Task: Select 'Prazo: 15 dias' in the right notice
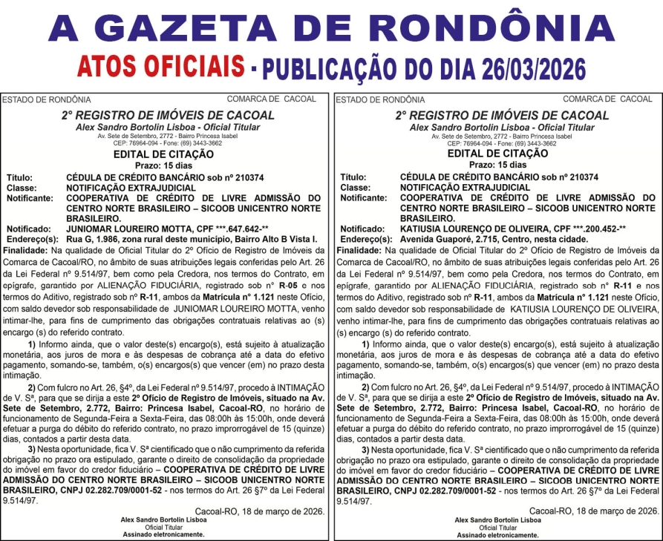click(497, 165)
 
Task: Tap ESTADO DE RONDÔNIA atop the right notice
click(381, 99)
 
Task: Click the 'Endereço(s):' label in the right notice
click(364, 240)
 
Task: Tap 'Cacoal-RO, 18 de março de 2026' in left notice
click(260, 511)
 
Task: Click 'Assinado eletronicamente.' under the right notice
click(497, 534)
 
